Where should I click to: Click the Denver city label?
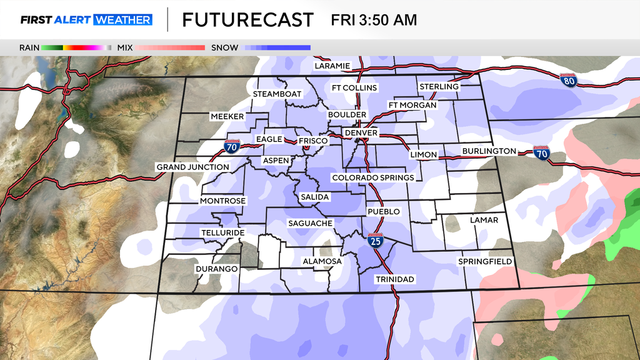point(361,133)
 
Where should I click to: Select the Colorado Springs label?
point(372,178)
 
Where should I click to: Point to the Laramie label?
point(332,66)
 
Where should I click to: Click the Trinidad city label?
point(396,279)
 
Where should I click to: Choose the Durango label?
point(216,269)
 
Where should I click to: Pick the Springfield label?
point(485,261)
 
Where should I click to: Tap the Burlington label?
point(489,151)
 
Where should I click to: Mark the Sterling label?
point(439,86)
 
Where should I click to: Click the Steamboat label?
point(277,94)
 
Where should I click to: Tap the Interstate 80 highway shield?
point(568,81)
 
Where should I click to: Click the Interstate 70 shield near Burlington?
point(541,153)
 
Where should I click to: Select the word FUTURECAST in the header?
point(247,20)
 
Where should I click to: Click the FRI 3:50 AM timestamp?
point(373,20)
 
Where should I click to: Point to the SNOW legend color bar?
point(277,47)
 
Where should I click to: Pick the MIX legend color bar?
point(171,47)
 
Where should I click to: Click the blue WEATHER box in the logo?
point(122,20)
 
